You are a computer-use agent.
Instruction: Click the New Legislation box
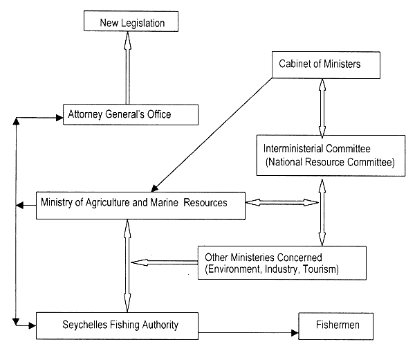(131, 23)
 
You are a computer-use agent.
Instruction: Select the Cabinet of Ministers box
(320, 64)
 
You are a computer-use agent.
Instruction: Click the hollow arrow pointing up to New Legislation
(127, 68)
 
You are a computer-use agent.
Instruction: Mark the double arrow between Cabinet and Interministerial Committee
(321, 108)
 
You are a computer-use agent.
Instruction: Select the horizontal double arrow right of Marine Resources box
(282, 202)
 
